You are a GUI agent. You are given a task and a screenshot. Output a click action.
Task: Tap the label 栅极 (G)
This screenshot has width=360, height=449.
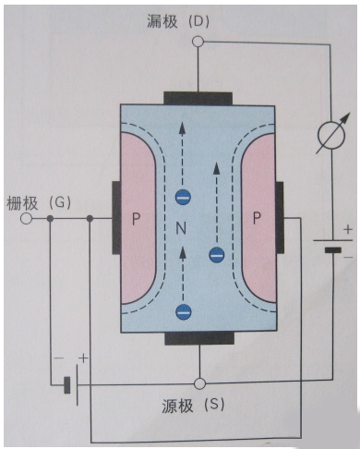pos(37,200)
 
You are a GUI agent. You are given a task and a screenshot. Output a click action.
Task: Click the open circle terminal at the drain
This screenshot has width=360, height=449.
pos(198,42)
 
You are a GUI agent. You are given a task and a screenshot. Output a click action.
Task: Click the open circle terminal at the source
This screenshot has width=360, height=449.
pos(198,382)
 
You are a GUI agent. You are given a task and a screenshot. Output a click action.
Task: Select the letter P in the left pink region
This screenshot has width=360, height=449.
pos(136,220)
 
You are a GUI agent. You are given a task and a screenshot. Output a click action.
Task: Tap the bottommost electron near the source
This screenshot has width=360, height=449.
pos(184,311)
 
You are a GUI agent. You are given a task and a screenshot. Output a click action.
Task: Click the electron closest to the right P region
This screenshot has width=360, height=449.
pos(217,255)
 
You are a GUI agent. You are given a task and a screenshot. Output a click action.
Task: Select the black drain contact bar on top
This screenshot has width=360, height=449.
pos(198,98)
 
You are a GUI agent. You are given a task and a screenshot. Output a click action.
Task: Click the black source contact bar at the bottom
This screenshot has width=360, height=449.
pos(198,338)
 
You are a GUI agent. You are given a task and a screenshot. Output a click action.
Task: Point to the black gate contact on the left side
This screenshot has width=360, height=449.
pos(115,218)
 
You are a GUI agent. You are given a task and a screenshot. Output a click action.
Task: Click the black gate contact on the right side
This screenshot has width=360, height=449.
pos(280,218)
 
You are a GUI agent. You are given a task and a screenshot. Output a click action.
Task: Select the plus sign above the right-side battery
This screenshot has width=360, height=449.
pos(347,228)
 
